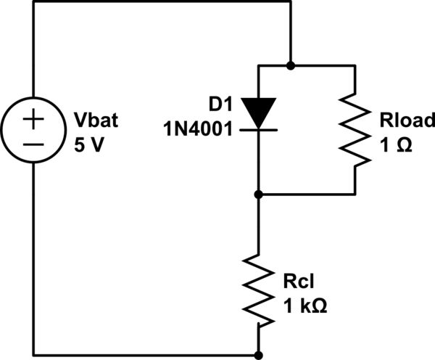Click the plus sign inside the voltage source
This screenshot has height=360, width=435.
34,119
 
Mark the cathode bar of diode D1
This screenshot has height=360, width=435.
259,128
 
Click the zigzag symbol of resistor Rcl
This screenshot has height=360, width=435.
259,289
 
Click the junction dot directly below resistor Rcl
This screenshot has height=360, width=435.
259,356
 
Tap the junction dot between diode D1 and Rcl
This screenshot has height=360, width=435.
259,195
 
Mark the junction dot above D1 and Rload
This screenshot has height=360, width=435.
290,65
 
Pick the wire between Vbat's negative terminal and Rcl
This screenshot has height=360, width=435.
145,356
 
